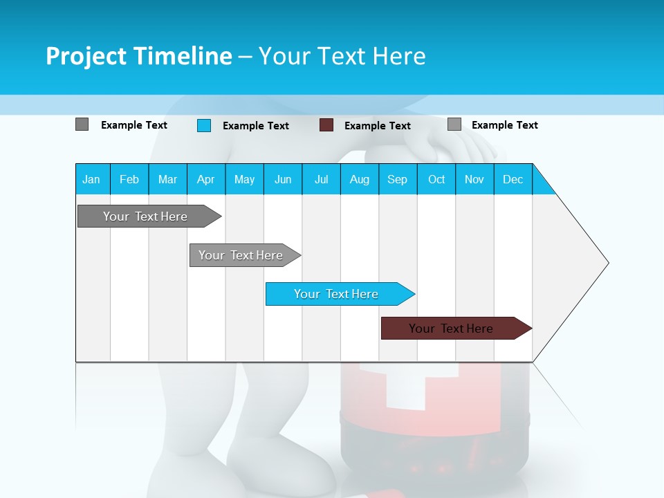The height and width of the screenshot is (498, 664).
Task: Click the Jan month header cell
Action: [92, 179]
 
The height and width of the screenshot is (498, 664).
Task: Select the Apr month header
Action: [205, 179]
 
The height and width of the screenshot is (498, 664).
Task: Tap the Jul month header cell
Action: [321, 179]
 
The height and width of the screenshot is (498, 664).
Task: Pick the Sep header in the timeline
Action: [397, 179]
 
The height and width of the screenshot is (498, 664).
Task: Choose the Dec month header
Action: [513, 179]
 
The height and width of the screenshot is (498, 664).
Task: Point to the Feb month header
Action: [129, 179]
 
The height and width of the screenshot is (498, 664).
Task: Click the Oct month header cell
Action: [436, 179]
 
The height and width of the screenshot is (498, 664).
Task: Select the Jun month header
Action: [283, 179]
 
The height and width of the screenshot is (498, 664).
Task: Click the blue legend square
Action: [203, 125]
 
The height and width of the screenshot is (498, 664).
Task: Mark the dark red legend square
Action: [326, 125]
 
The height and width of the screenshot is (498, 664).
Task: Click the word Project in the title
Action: [86, 56]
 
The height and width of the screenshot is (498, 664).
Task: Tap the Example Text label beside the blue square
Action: [255, 126]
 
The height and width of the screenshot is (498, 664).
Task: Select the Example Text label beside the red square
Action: [377, 126]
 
